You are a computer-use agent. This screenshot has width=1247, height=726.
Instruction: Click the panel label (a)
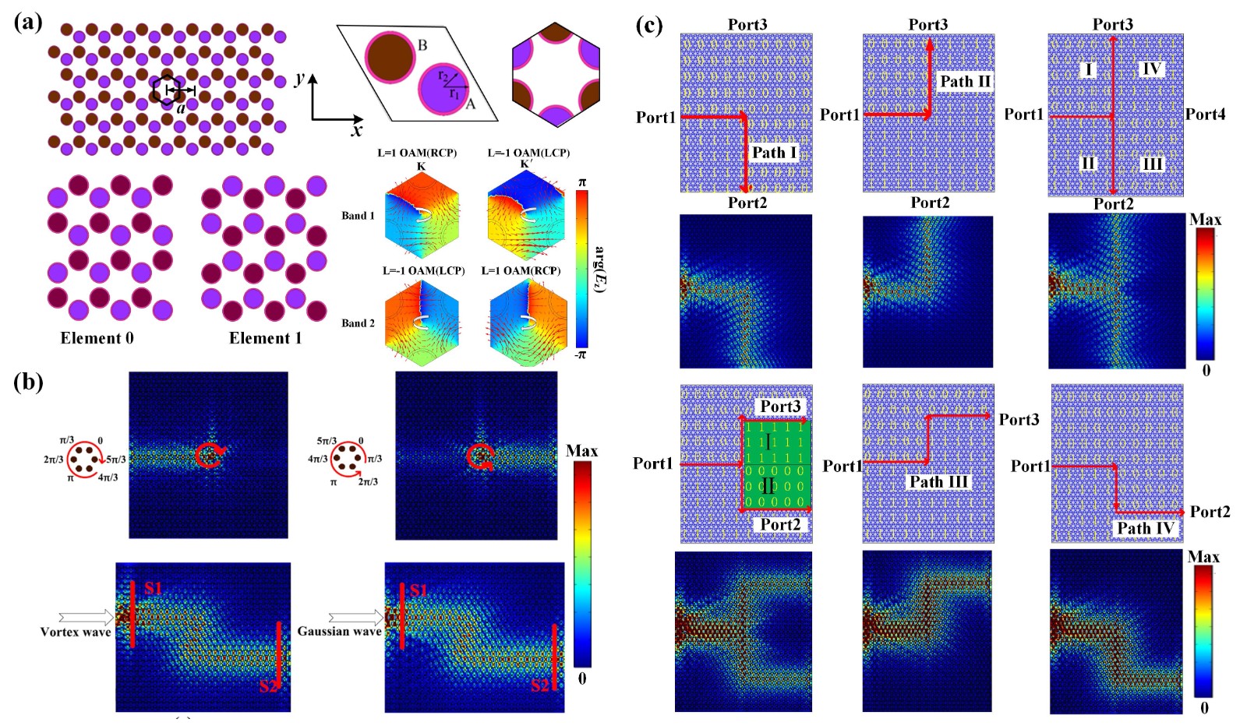coord(28,23)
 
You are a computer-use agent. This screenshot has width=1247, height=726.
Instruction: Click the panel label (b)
coord(28,382)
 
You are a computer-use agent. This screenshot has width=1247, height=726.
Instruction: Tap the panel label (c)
coord(648,25)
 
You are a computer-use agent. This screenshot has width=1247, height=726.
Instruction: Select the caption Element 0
coord(97,338)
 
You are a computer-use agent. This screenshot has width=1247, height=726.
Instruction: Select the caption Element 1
coord(265,338)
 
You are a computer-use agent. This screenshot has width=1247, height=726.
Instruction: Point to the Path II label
coord(965,82)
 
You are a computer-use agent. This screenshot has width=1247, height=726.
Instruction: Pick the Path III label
coord(938,482)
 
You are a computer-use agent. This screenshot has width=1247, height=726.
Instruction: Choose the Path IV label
coord(1145,528)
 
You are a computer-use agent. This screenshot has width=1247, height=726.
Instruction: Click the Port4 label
coord(1205,115)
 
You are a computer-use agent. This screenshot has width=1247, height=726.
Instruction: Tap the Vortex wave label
coord(76,632)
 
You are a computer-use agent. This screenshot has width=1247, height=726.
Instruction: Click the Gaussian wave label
coord(339,631)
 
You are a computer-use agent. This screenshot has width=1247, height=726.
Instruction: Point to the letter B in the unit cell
coord(422,45)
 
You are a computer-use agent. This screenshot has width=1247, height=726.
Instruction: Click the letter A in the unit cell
coord(470,104)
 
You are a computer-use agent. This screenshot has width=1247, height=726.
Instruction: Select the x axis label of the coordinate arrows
coord(357,131)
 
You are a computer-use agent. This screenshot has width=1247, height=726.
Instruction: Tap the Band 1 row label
coord(358,216)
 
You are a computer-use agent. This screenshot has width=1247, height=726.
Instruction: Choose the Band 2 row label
coord(358,323)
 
